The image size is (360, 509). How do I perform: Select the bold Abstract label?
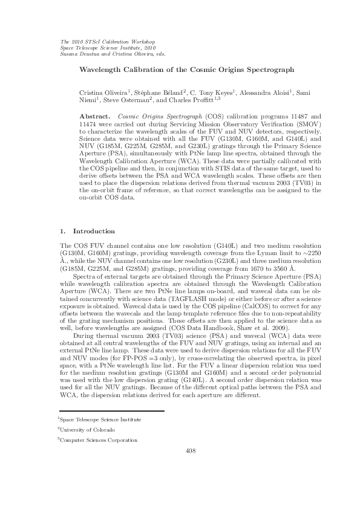click(x=96, y=115)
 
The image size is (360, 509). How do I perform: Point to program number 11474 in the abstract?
click(x=91, y=122)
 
